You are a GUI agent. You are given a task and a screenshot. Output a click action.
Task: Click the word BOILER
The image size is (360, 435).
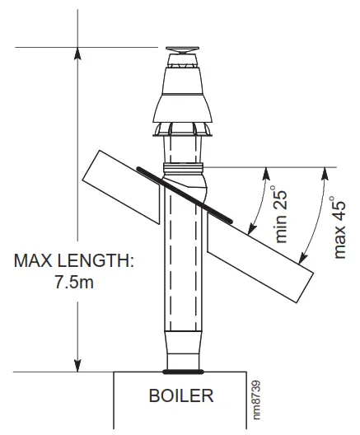[180, 396]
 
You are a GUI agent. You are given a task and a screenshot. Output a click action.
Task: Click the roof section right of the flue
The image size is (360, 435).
[264, 247]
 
